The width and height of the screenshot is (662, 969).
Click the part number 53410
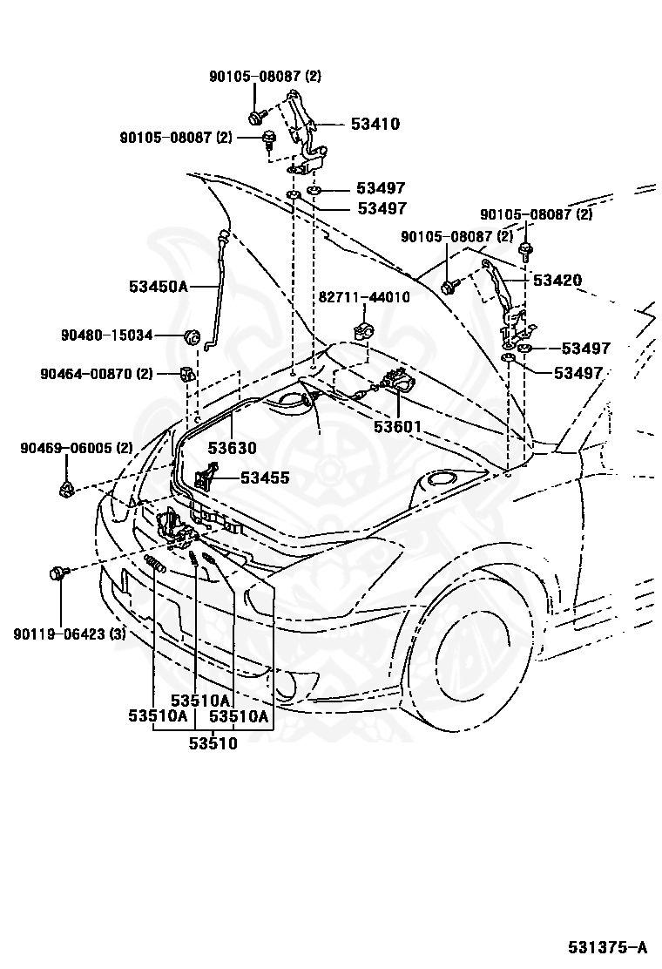click(x=375, y=124)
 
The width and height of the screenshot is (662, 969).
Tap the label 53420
click(x=557, y=280)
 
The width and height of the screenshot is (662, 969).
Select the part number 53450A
click(x=158, y=286)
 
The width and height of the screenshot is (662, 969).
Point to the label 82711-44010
click(x=364, y=297)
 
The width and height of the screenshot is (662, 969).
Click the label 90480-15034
click(x=106, y=335)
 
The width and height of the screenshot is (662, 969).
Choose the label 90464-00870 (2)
click(x=97, y=374)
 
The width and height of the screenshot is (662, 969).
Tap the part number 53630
click(x=232, y=447)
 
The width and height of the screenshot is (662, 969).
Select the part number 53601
click(x=397, y=426)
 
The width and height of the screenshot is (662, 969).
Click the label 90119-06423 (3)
click(x=70, y=634)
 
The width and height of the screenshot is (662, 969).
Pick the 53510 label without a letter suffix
click(x=213, y=742)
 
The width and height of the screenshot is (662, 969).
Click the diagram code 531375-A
click(x=608, y=946)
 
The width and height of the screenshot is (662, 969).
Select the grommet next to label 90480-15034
click(x=192, y=337)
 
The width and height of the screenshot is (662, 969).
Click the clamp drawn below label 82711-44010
click(x=361, y=329)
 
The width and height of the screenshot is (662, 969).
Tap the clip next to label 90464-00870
click(x=185, y=374)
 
